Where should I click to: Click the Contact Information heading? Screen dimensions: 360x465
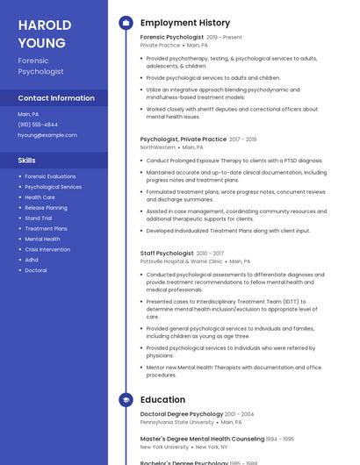56,98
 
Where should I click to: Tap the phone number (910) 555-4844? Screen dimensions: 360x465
38,125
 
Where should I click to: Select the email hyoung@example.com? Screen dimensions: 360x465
47,135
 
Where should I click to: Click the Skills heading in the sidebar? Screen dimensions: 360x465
27,161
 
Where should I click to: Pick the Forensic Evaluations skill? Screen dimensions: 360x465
50,176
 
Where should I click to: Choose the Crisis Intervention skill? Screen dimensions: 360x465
47,249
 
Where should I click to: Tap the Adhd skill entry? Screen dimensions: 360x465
32,260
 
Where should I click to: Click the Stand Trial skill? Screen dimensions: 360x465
39,218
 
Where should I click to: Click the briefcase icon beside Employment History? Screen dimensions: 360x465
126,23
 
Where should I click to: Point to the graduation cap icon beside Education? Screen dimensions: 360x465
126,400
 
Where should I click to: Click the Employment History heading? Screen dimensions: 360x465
185,23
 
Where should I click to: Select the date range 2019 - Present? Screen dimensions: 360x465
224,38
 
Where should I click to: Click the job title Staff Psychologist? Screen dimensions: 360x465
166,254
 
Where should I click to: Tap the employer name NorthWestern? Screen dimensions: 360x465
158,147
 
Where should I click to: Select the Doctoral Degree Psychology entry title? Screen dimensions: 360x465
182,414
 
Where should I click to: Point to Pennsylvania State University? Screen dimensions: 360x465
176,422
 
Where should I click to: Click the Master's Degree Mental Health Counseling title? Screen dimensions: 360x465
202,439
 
